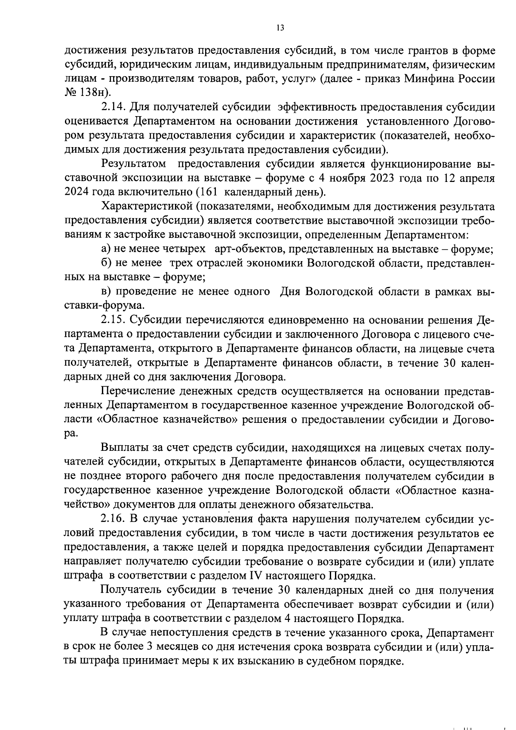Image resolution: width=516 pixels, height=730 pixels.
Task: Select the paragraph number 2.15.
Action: click(114, 320)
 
